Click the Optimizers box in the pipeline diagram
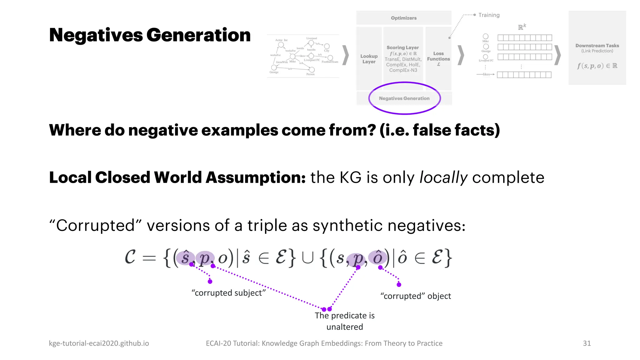403,18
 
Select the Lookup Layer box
369,59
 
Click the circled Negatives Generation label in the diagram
404,98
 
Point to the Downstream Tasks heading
597,46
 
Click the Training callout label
489,15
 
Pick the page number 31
587,343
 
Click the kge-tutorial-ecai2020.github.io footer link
99,343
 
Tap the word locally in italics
443,177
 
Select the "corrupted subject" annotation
228,293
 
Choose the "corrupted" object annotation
416,296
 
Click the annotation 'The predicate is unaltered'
344,321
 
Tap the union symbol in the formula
308,258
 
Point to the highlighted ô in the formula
377,257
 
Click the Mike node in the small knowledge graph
292,57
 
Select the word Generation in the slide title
198,35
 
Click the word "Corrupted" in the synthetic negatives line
95,225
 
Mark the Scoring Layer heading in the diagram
402,47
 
